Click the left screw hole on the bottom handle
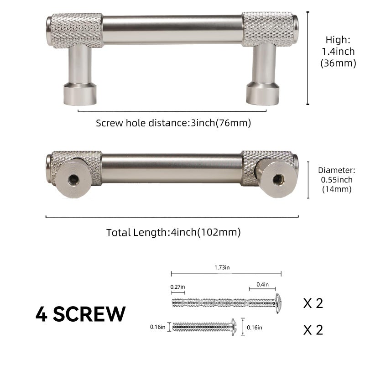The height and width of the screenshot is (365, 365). [73, 179]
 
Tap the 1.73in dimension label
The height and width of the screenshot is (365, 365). [222, 267]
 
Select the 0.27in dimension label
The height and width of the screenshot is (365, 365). [177, 287]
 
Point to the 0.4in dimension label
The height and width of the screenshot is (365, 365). [263, 284]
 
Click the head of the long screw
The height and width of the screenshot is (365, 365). [278, 303]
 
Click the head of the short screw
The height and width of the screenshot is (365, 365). [234, 327]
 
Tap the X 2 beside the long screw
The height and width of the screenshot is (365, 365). [313, 303]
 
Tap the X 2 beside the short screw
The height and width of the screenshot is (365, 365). [313, 329]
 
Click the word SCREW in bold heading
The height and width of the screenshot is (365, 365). [89, 314]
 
